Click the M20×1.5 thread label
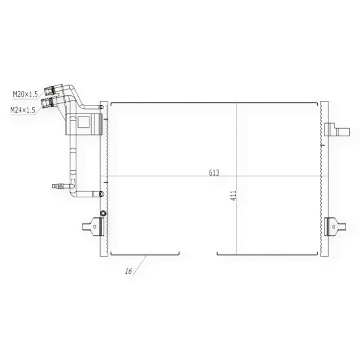coord(25,94)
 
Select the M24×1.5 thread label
coord(23,110)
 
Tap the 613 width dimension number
coord(214,173)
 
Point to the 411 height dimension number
coord(234,196)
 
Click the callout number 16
coord(129,271)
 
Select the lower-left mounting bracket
coord(93,227)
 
